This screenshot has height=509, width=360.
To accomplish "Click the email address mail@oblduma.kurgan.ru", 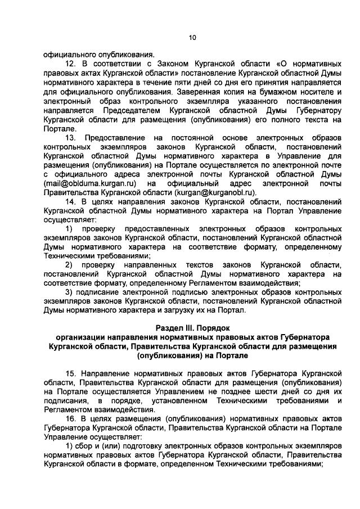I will (x=91, y=183).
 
